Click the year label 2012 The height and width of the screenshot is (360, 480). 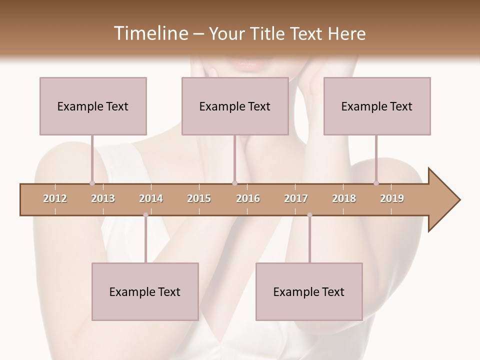(x=55, y=198)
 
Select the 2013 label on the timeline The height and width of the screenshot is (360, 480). (x=103, y=198)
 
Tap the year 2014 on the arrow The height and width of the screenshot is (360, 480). (x=151, y=198)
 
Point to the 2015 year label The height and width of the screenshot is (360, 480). (x=199, y=198)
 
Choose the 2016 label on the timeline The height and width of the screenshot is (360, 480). (x=248, y=198)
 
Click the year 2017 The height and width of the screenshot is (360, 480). (x=296, y=198)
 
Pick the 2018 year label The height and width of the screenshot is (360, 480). (x=344, y=198)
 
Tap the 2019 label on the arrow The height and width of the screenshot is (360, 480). (x=392, y=198)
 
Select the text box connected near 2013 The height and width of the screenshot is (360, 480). (x=93, y=106)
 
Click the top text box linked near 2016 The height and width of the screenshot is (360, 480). (x=235, y=106)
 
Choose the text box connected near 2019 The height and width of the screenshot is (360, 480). (x=377, y=106)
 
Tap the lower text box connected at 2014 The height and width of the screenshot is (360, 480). (x=145, y=291)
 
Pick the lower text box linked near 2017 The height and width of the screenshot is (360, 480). (x=309, y=291)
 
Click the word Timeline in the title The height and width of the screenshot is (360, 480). (x=150, y=33)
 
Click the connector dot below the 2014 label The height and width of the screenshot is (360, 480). (x=145, y=215)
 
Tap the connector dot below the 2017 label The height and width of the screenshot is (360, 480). (x=309, y=215)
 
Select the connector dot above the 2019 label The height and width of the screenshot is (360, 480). (x=376, y=183)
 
